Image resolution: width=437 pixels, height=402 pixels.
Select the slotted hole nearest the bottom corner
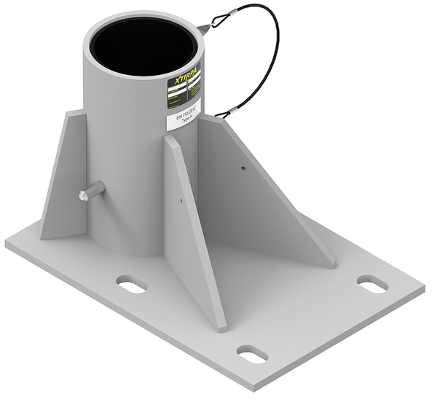[x=252, y=354]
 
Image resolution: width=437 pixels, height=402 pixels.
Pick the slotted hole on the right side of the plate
[x=372, y=284]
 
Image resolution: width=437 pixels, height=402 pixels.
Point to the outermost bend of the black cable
[x=278, y=51]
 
